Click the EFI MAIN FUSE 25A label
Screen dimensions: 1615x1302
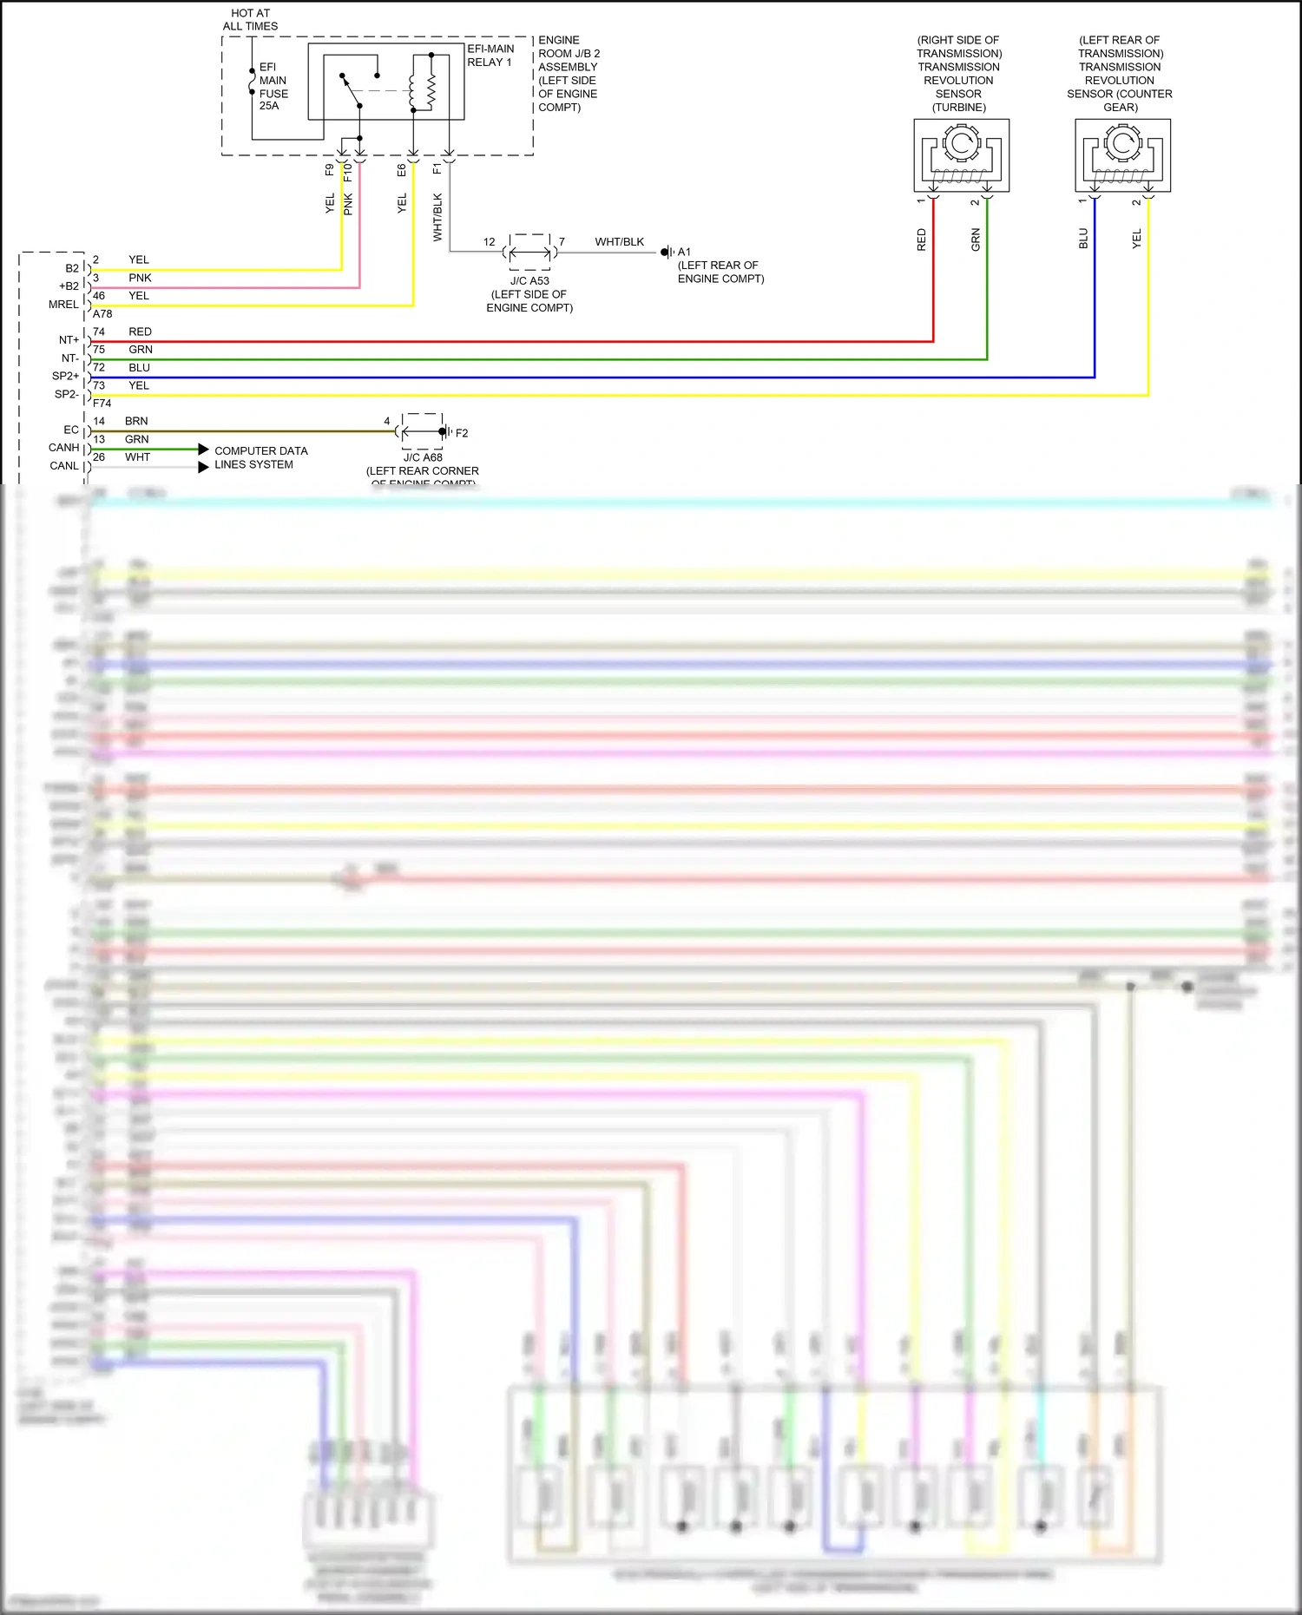tap(273, 87)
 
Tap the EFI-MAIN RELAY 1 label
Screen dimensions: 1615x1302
tap(490, 56)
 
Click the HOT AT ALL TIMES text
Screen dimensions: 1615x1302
tap(250, 20)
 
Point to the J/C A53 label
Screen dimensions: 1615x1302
tap(529, 281)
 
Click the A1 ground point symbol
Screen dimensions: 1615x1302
tap(667, 253)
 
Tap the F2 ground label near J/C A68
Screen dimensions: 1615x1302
tap(462, 433)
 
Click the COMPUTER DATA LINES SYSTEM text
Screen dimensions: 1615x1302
tap(260, 457)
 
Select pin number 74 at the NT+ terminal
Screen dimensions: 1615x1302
tap(99, 332)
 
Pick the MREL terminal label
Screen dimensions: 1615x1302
tap(63, 305)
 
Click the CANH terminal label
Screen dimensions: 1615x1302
tap(63, 448)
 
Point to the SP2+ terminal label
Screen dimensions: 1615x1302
tap(65, 376)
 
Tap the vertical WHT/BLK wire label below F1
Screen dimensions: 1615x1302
tap(437, 217)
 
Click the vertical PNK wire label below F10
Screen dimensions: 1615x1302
tap(348, 205)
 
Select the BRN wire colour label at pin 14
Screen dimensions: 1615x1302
tap(136, 421)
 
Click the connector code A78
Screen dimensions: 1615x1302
tap(102, 314)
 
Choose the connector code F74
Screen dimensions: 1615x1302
tap(102, 404)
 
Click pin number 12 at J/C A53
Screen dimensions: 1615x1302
tap(490, 242)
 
